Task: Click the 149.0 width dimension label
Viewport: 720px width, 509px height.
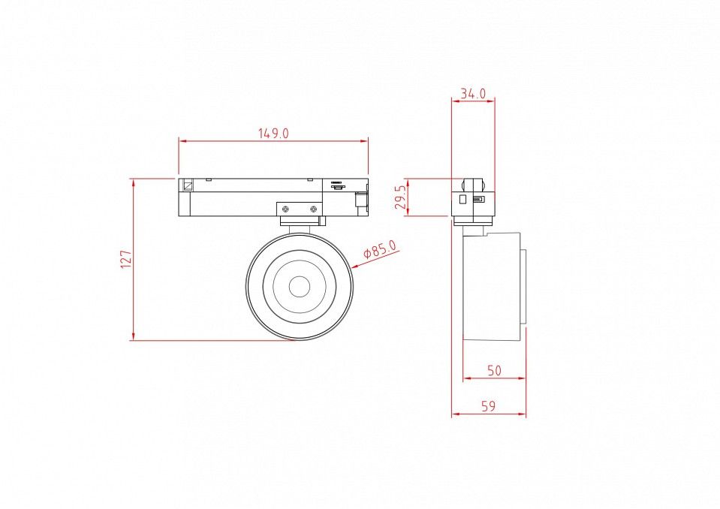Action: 273,134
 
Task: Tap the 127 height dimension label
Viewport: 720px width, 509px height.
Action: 126,259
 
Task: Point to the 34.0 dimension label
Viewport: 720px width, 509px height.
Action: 473,94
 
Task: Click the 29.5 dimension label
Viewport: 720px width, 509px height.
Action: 401,197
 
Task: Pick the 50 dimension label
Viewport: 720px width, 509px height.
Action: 494,370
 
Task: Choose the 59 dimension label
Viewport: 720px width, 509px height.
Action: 489,406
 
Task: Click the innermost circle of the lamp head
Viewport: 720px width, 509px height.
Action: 300,287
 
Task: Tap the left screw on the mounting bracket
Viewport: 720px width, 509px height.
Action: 285,209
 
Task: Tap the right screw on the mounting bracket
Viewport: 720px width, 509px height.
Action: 314,209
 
